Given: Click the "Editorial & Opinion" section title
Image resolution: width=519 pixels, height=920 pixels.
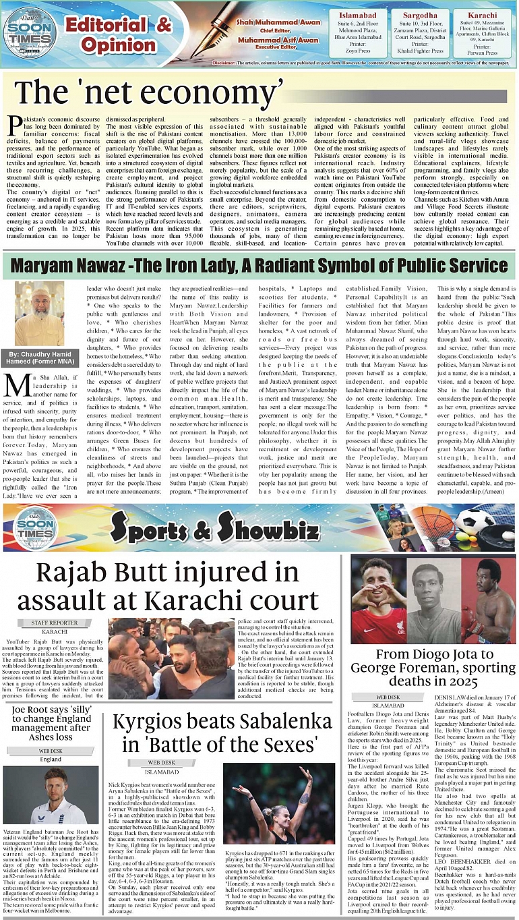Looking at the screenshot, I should (119, 35).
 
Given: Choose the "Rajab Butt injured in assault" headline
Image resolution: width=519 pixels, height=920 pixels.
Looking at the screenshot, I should (166, 585).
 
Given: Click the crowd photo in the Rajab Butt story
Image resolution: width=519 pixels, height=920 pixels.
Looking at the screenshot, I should (172, 652).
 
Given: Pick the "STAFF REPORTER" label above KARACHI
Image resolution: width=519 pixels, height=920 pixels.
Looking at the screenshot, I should (55, 623).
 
